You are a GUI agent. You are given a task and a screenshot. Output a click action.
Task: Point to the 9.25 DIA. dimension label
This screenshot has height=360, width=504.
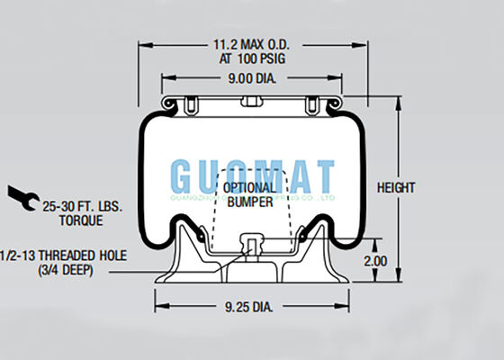[x=249, y=308]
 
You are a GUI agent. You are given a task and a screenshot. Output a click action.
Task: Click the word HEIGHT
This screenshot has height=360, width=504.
[x=396, y=187]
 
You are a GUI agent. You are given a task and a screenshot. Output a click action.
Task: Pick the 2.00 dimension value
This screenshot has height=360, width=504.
[x=375, y=261]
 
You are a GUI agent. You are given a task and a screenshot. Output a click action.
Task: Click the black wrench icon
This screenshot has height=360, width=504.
[x=19, y=194]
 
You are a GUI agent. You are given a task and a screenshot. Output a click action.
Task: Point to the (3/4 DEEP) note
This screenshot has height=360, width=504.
[x=68, y=270]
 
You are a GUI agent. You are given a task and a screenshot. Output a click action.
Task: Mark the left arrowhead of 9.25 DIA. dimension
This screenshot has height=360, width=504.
[x=159, y=308]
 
